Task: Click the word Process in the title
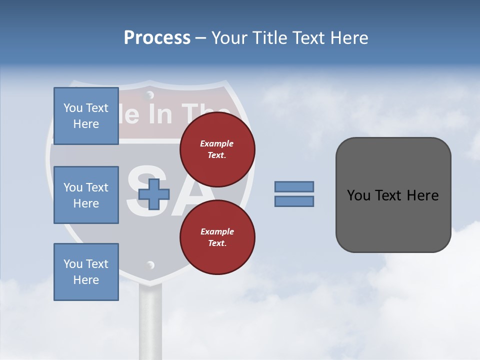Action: click(157, 38)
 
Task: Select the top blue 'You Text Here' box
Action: click(86, 116)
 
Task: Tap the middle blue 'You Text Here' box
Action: click(86, 195)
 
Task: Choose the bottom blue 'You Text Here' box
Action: click(86, 272)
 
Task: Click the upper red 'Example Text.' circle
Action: click(217, 149)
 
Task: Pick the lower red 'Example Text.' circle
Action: click(217, 237)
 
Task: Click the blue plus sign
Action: click(153, 194)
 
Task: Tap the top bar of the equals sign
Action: click(294, 186)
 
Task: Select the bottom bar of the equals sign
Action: click(294, 201)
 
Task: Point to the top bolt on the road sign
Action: click(149, 94)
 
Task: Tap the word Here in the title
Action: click(346, 38)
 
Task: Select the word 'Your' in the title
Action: click(228, 38)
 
